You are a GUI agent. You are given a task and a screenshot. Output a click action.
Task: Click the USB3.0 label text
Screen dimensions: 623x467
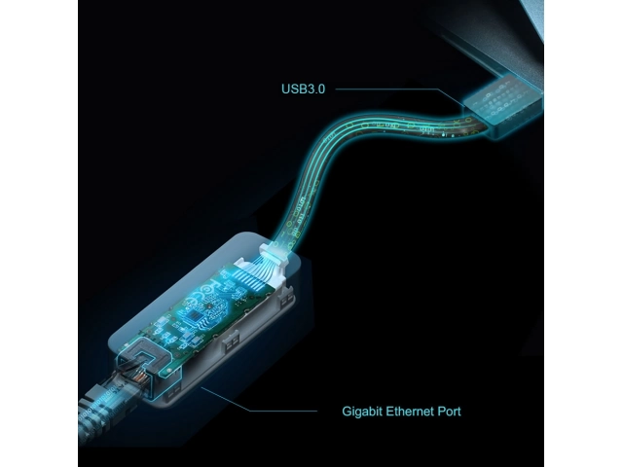pos(303,89)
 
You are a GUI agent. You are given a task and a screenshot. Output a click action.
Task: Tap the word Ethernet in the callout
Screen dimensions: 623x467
pos(410,411)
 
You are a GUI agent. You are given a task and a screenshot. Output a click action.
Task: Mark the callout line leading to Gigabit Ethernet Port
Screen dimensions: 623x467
pos(259,399)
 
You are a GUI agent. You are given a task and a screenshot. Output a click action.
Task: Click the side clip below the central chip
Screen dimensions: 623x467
pos(232,341)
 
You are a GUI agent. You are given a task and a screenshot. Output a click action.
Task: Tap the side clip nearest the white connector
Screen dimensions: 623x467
pos(287,299)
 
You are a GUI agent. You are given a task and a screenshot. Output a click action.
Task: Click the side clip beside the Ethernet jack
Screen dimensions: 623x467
pos(173,393)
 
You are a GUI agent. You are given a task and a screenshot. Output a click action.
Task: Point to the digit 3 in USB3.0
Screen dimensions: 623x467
pos(309,89)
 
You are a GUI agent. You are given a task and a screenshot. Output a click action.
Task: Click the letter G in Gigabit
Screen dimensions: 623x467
pos(348,411)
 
